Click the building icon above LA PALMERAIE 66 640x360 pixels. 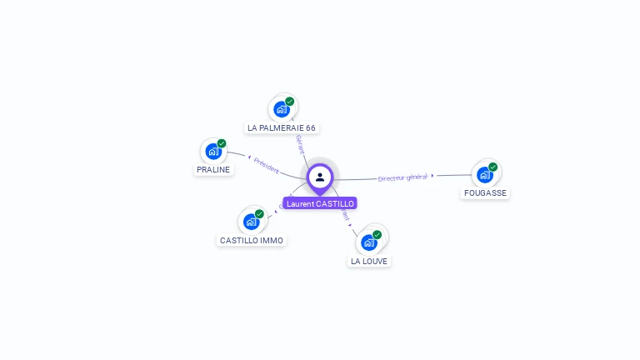[282, 109]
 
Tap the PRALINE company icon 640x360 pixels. [213, 152]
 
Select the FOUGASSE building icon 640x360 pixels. [485, 175]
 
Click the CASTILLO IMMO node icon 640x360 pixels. [252, 222]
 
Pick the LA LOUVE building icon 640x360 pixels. [369, 242]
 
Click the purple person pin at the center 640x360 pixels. [320, 177]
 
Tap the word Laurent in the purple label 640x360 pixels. [300, 203]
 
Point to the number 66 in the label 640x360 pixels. [311, 128]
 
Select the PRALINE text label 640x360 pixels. [212, 170]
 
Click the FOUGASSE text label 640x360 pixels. [485, 193]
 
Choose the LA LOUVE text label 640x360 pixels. [369, 262]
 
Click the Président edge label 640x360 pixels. [266, 165]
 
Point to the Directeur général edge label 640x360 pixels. [402, 177]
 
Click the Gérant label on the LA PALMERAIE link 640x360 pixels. [300, 144]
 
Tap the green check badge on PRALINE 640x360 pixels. [222, 143]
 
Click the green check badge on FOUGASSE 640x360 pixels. [493, 167]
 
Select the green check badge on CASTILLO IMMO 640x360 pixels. [259, 214]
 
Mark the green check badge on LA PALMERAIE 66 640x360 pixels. [290, 102]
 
